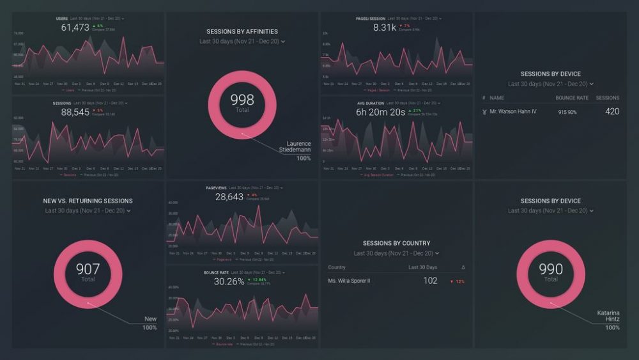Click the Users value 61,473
click(x=75, y=27)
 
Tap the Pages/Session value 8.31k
click(x=385, y=27)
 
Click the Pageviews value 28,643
click(x=229, y=197)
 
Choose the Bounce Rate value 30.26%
click(x=229, y=281)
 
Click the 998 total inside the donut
click(x=242, y=100)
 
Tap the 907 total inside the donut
click(x=88, y=270)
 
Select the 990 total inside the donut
click(x=550, y=270)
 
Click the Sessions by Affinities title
click(x=242, y=31)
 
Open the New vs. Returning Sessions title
click(x=88, y=201)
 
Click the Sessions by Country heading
click(x=396, y=244)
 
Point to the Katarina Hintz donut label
click(x=608, y=316)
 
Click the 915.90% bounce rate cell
click(x=567, y=113)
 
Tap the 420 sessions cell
click(x=612, y=112)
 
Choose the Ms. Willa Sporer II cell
click(x=349, y=281)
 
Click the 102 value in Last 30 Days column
click(x=430, y=281)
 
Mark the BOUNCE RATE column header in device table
click(x=571, y=98)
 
